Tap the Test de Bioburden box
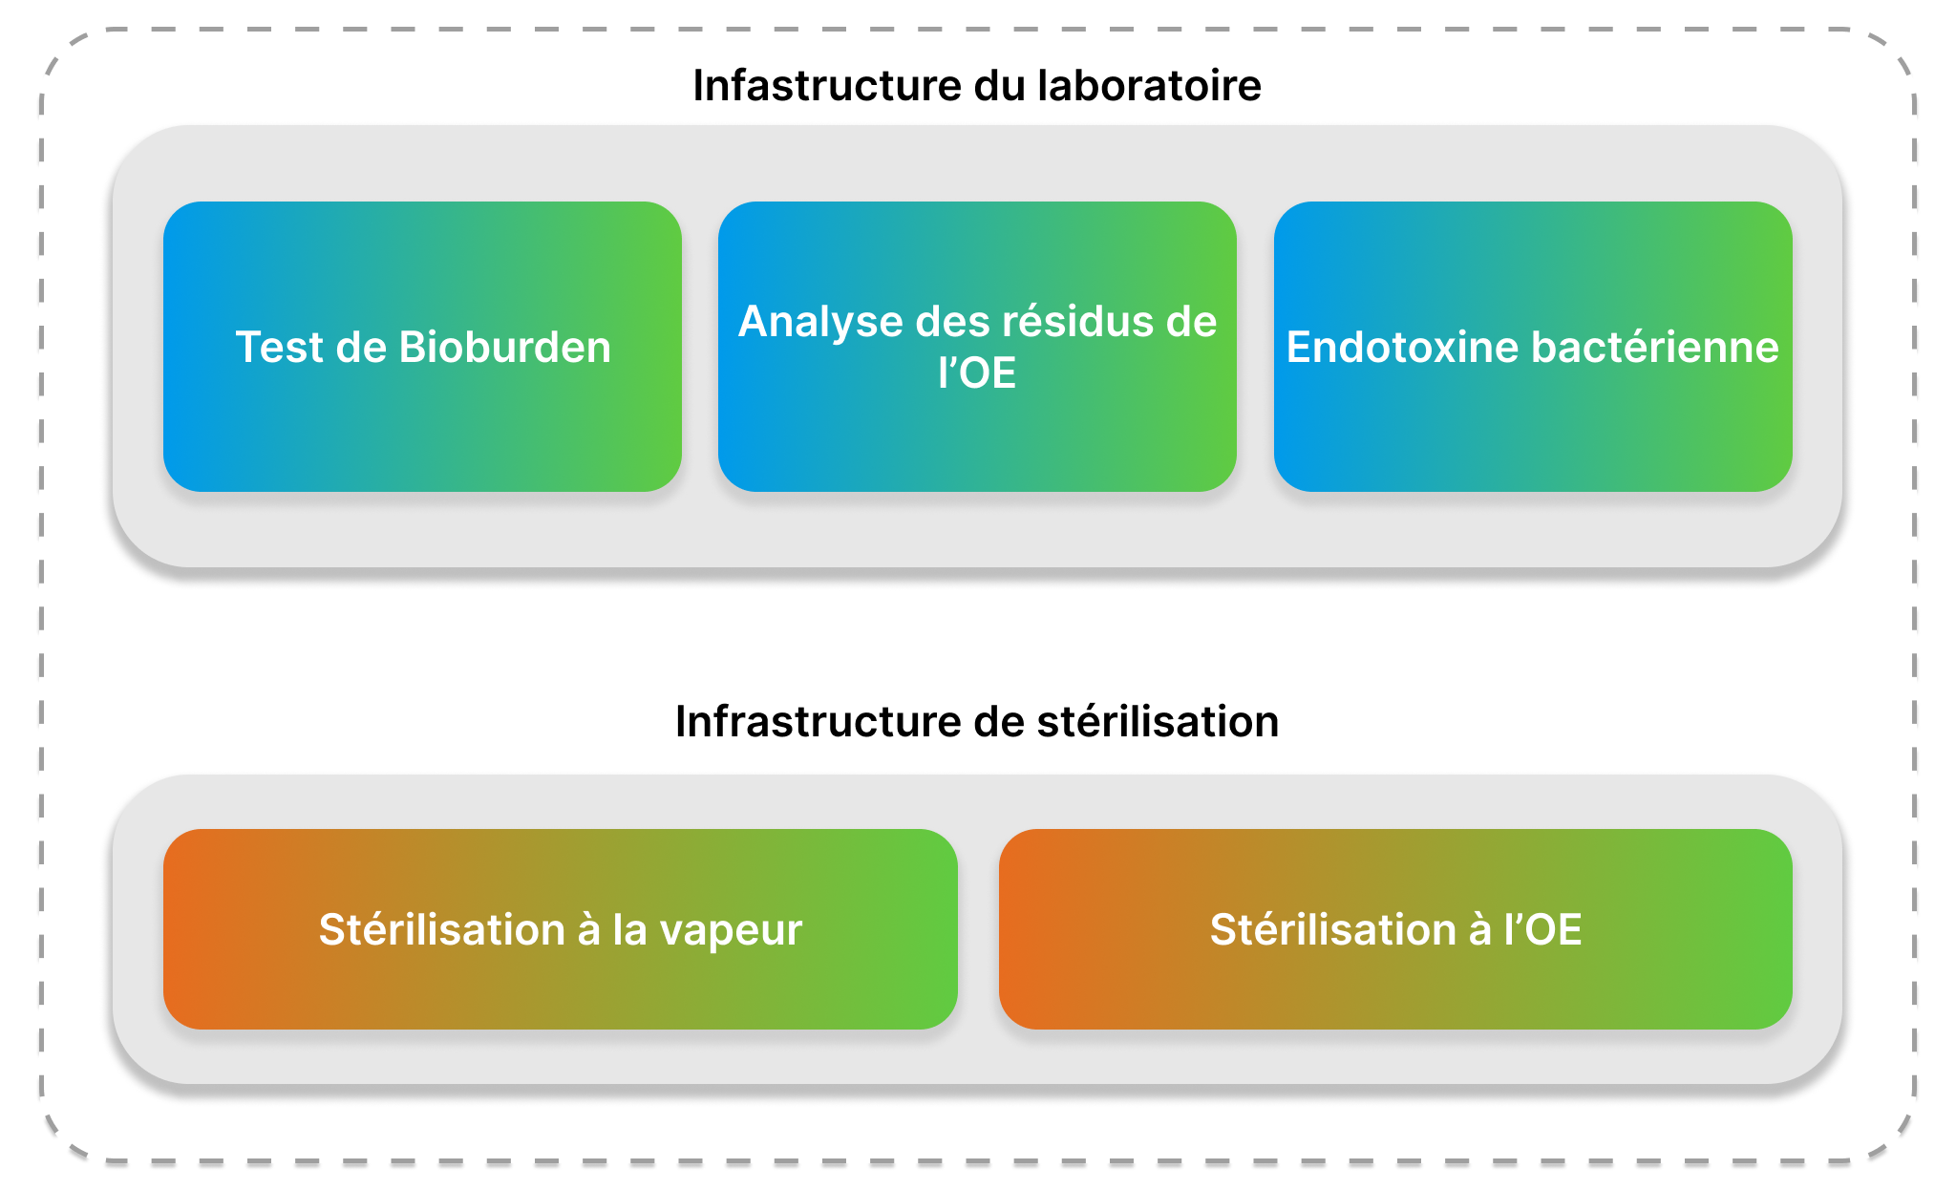point(422,347)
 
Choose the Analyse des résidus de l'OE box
point(977,347)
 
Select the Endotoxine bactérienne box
point(1533,347)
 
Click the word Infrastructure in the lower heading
point(819,721)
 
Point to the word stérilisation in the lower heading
point(1158,721)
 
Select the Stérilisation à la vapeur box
point(561,929)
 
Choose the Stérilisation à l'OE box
point(1395,929)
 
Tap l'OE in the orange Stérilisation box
point(1543,929)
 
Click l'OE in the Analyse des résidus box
point(977,372)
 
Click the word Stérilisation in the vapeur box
point(442,929)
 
